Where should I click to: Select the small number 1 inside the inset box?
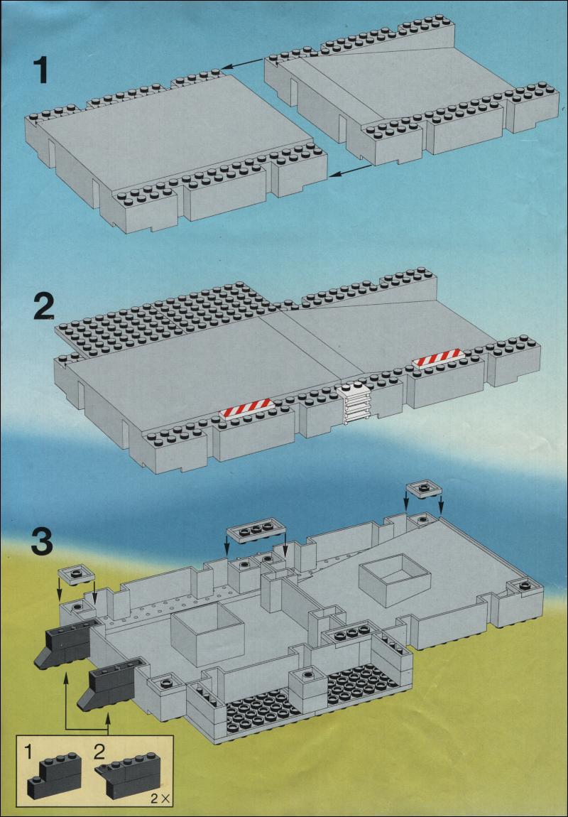(x=28, y=752)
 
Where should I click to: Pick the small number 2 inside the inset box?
(x=101, y=752)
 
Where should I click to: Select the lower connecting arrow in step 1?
(x=351, y=171)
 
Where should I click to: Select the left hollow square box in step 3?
(x=208, y=634)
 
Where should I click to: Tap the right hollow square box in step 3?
(x=395, y=580)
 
